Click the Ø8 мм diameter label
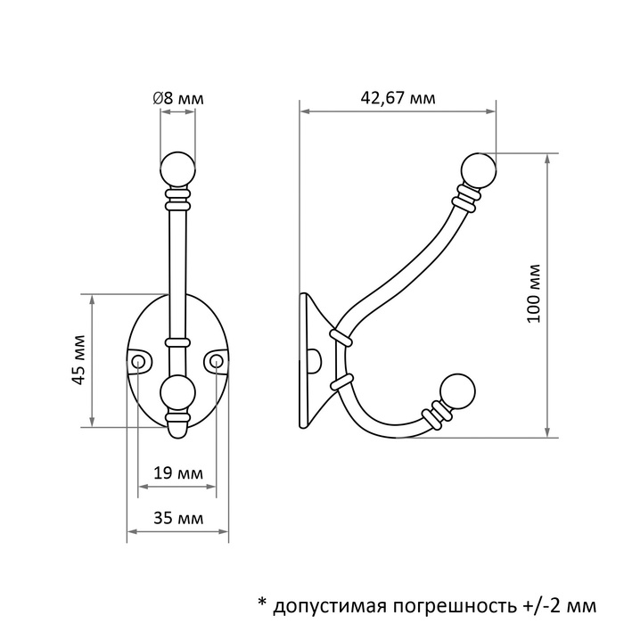(178, 99)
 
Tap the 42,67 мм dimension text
(398, 99)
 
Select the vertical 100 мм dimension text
(534, 293)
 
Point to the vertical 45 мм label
(79, 361)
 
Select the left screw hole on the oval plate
(139, 360)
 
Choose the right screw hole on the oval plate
(216, 360)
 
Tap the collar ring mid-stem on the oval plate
(177, 341)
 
